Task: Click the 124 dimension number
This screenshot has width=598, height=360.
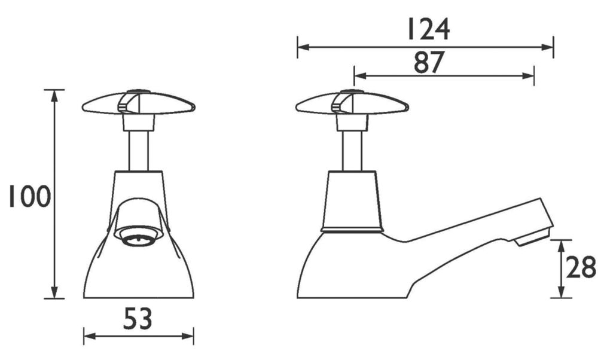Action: (x=429, y=29)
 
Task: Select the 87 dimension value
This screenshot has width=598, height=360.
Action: (x=429, y=62)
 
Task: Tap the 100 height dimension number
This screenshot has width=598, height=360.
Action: (x=30, y=196)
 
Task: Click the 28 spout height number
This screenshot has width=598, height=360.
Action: (x=581, y=267)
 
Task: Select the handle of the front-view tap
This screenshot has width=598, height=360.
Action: (x=139, y=103)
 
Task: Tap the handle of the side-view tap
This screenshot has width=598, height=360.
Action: (x=352, y=103)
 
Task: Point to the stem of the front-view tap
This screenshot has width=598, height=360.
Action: (x=139, y=151)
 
